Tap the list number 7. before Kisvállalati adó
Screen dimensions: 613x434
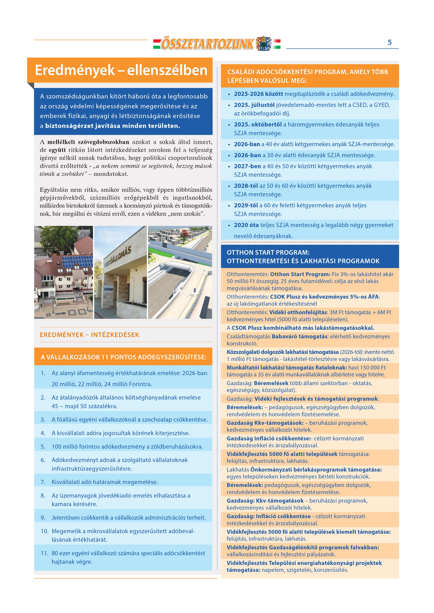(x=43, y=482)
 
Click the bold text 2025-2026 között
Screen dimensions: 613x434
(x=258, y=94)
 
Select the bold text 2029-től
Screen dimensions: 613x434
(x=246, y=205)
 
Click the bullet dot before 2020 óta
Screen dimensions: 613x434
(x=229, y=225)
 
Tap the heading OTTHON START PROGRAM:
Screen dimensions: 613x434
(x=268, y=252)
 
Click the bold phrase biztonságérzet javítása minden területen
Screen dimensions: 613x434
(x=113, y=126)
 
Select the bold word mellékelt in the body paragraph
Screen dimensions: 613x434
(x=61, y=142)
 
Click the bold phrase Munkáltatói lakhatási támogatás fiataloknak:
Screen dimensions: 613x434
(x=286, y=368)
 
